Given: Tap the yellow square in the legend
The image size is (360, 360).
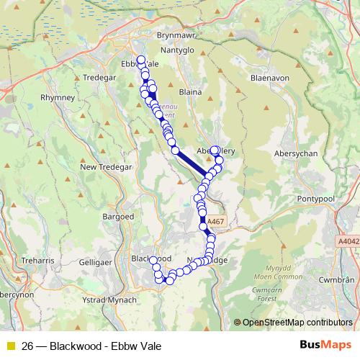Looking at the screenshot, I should click(x=11, y=345).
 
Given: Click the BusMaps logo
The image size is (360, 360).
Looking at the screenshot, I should click(x=325, y=345).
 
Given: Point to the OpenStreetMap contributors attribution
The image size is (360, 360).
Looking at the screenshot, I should click(x=297, y=323).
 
